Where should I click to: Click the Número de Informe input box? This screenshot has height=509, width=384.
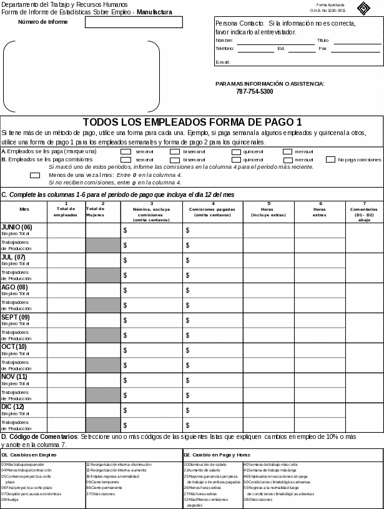pos(134,22)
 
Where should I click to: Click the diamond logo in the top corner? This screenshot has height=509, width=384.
pos(363,8)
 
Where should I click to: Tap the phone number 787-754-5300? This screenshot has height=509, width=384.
pos(255,92)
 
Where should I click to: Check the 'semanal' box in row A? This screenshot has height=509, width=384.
pos(126,151)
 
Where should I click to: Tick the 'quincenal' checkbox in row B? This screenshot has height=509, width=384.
pos(236,160)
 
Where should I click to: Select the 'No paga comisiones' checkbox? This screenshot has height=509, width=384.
pos(331,159)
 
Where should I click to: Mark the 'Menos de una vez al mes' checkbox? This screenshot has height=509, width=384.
pos(35,175)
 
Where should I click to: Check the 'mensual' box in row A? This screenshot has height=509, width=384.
pos(287,151)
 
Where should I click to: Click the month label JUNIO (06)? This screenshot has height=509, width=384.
pos(17,227)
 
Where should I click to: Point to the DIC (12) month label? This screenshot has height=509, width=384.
pos(13,407)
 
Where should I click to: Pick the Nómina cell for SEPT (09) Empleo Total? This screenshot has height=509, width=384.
pos(151,320)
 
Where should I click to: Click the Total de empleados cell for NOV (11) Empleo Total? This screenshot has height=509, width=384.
pos(66,380)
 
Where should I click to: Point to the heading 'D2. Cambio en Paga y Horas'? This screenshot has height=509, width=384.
pos(217,455)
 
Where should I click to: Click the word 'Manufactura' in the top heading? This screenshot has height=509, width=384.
pos(154,12)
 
